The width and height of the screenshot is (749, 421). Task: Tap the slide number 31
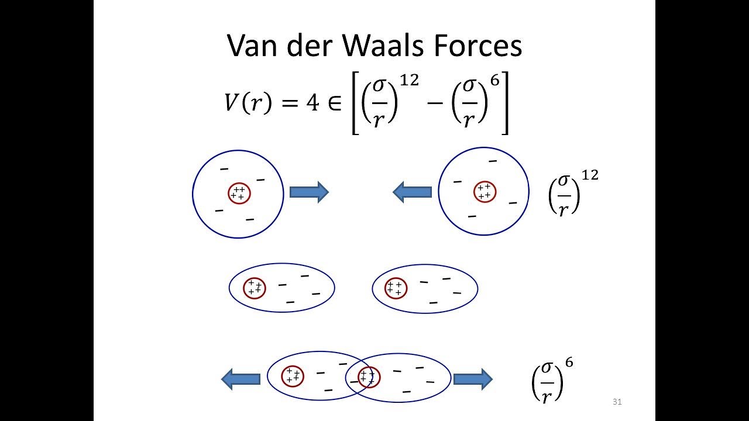coord(617,402)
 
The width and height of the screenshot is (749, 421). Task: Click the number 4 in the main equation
coord(313,103)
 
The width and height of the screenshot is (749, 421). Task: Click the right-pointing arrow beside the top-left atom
coord(309,192)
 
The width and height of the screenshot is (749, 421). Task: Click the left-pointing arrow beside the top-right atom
coord(412,192)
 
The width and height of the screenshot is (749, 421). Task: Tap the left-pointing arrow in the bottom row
coord(240,379)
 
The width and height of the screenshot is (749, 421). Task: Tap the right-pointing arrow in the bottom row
coord(473,379)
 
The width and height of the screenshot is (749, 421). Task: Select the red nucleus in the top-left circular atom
coord(238,193)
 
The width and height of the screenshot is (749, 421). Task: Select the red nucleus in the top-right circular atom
coord(484,192)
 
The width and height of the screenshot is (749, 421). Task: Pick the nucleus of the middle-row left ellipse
coord(255,288)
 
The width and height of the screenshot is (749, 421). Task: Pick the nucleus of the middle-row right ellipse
coord(396,288)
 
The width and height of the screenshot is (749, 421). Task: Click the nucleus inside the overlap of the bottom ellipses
coord(368,377)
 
